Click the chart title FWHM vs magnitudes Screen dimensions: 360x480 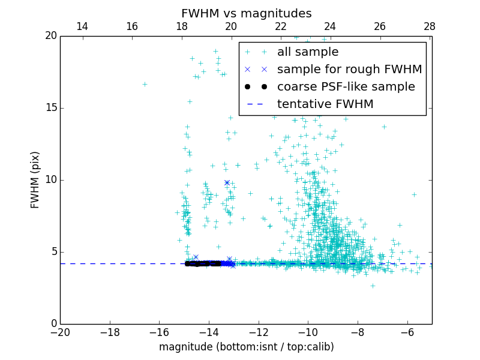coord(246,13)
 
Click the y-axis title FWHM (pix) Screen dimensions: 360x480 coord(35,180)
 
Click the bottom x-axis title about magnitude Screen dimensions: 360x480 coord(246,347)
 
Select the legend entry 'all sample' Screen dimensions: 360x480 coord(308,52)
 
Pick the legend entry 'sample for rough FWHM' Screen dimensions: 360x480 coord(349,70)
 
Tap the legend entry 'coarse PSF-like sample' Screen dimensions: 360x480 coord(346,87)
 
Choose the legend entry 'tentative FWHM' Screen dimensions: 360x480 coord(325,104)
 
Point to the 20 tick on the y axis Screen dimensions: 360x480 coord(50,36)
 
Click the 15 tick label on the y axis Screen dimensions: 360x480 coord(50,108)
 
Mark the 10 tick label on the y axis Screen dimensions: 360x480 coord(50,180)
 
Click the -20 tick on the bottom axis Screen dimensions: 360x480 coord(60,331)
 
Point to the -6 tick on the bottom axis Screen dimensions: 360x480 coord(407,331)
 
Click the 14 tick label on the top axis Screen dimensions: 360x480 coord(82,26)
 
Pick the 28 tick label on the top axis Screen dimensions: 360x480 coord(430,26)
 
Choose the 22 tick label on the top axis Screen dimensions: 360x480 coord(281,26)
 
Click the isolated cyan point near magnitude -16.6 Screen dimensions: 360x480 coord(145,84)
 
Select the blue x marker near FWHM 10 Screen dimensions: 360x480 coord(227,182)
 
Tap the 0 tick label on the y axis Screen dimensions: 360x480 coord(53,324)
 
